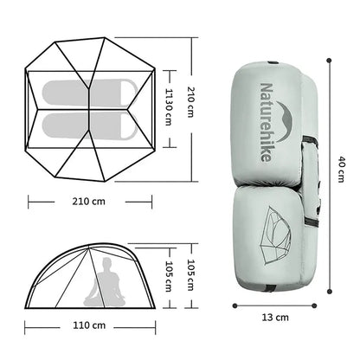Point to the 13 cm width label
coord(275,318)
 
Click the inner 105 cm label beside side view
coord(170,269)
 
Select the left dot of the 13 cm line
coord(235,304)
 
